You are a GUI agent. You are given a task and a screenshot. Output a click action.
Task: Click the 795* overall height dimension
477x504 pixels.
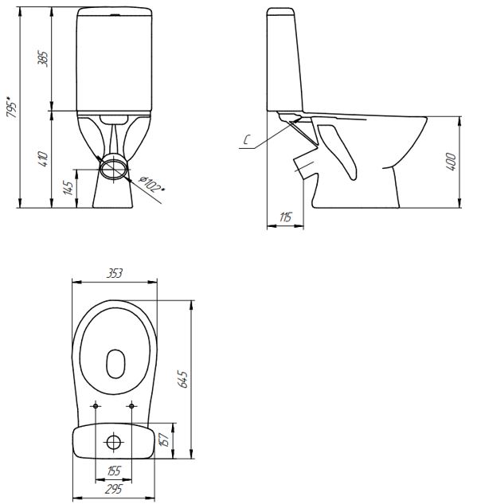pos(10,107)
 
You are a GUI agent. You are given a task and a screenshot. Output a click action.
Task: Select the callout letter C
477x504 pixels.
pos(248,143)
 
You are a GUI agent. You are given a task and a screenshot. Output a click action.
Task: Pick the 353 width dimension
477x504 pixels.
pos(115,273)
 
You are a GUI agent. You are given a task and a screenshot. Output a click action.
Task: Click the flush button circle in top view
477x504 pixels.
pos(115,440)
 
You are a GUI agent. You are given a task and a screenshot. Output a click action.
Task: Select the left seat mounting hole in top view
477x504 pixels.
pos(96,407)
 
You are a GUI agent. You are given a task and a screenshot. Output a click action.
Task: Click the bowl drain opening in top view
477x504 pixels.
pos(115,363)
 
